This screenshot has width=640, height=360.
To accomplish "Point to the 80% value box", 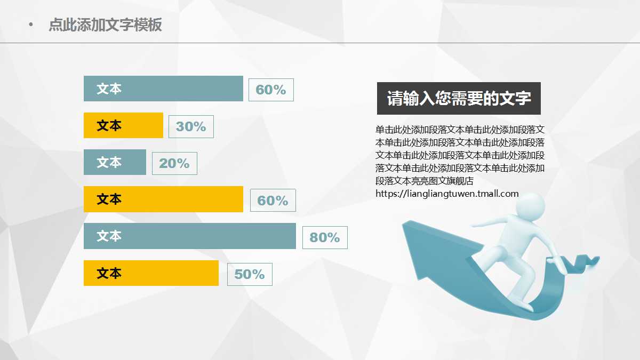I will pyautogui.click(x=325, y=237).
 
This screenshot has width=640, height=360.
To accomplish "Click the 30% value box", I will pyautogui.click(x=191, y=126).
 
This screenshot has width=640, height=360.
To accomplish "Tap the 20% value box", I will pyautogui.click(x=174, y=163).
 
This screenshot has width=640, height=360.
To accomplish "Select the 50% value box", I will pyautogui.click(x=250, y=274).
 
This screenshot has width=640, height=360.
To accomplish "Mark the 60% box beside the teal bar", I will pyautogui.click(x=271, y=90).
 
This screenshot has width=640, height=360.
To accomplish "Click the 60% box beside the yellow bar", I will pyautogui.click(x=273, y=201).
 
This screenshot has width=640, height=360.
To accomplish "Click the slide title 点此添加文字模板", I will pyautogui.click(x=105, y=25).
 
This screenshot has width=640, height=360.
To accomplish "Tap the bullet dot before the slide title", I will pyautogui.click(x=30, y=25).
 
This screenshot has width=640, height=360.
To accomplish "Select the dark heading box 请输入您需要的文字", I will pyautogui.click(x=459, y=98).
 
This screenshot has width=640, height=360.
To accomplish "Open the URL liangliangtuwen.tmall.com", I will pyautogui.click(x=447, y=194).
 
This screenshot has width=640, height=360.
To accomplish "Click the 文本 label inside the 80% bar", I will pyautogui.click(x=109, y=236).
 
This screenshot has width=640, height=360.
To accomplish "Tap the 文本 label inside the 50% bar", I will pyautogui.click(x=109, y=273).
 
